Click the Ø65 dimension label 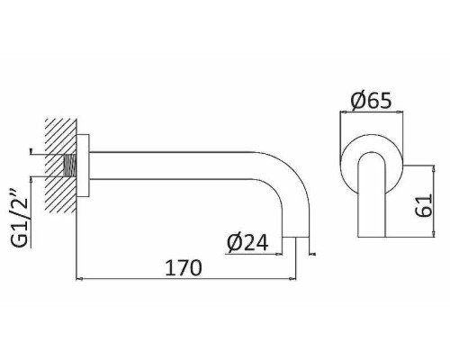click(371, 100)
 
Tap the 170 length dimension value click(184, 267)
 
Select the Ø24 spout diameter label click(247, 242)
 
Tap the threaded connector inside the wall click(70, 166)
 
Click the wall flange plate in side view click(83, 166)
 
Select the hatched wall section click(61, 166)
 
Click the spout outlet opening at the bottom click(296, 238)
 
